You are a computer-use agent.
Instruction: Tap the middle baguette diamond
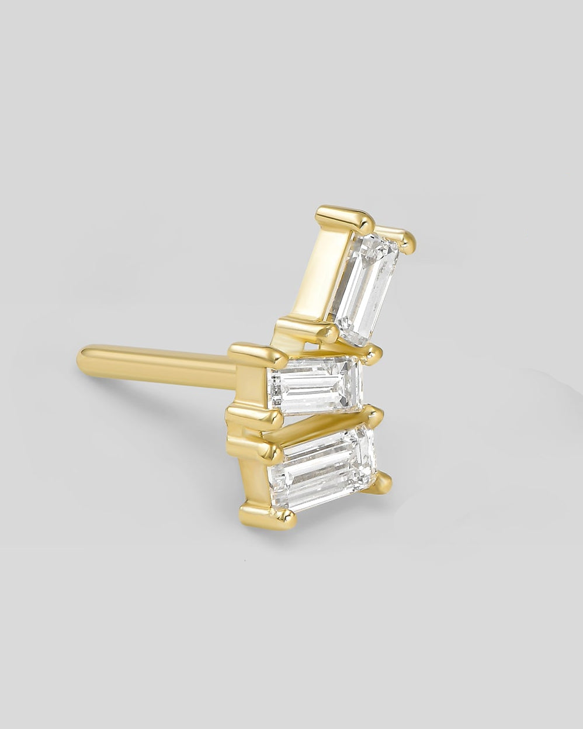(x=314, y=384)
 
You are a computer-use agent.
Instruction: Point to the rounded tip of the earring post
(x=84, y=358)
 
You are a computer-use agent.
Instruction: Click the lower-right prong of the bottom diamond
(x=383, y=481)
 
